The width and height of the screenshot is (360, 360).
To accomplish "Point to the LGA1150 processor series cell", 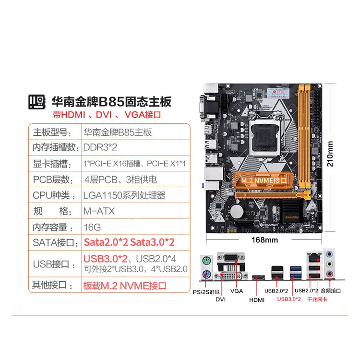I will [124, 195].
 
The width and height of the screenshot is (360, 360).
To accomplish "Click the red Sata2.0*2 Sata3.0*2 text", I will [129, 242].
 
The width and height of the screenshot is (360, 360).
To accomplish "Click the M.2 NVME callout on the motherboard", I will [264, 180].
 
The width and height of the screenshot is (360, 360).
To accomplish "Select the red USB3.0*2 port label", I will [289, 299].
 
